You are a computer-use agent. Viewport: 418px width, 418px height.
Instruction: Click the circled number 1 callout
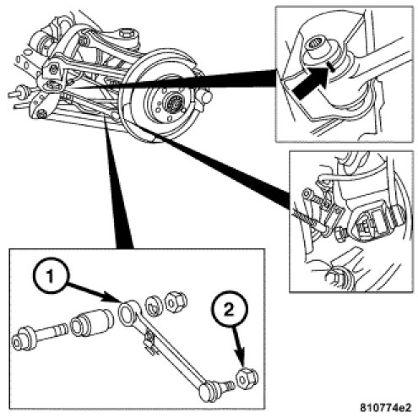click(50, 276)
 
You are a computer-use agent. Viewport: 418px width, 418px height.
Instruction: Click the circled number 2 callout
click(230, 310)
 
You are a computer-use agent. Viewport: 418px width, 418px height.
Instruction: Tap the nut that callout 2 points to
click(246, 379)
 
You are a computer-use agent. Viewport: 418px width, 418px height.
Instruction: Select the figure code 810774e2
click(385, 407)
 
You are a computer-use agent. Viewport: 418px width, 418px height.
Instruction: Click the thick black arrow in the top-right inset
click(311, 83)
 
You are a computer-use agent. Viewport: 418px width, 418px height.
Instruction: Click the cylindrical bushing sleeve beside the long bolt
click(92, 323)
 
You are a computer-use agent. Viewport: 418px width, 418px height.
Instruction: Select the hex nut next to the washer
click(176, 302)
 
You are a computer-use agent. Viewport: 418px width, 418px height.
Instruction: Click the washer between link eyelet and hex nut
click(154, 305)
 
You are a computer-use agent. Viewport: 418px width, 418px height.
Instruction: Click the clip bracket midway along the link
click(149, 341)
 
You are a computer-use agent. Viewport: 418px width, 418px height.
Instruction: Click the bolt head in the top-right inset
click(315, 45)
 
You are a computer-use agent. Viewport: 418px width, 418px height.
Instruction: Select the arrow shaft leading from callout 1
click(94, 293)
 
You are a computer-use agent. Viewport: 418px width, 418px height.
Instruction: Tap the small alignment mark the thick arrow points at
click(330, 67)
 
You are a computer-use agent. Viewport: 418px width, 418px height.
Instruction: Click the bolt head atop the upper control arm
click(125, 35)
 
